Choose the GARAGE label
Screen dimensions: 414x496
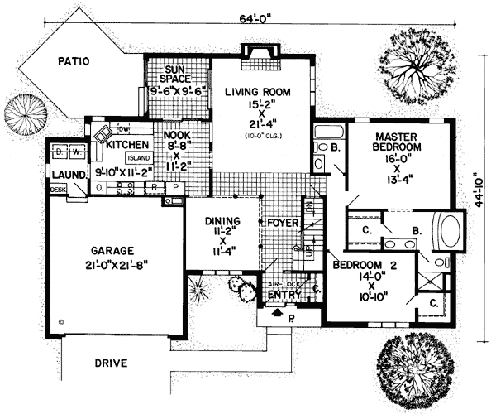pos(111,250)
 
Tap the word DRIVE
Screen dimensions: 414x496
pos(111,363)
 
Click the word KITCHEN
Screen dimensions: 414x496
pos(126,145)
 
